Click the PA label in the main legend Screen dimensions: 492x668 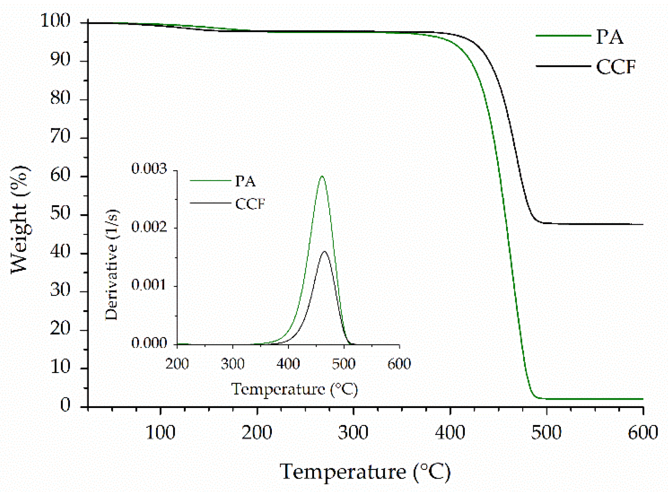coord(609,37)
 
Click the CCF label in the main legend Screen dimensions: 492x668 coord(616,67)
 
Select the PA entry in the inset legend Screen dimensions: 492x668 coord(245,181)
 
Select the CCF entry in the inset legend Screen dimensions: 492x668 coord(250,204)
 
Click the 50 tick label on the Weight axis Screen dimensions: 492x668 coord(60,213)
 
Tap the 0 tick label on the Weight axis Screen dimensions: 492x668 coord(65,405)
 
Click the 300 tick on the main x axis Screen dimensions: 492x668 coord(353,433)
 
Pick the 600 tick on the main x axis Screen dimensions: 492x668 coord(642,433)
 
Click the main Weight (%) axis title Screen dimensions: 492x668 coord(20,220)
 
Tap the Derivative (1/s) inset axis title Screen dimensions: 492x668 coord(111,264)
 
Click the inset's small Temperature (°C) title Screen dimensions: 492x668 coord(294,389)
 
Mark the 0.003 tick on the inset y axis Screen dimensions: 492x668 coord(149,169)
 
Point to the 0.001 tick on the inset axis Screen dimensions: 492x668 coord(149,284)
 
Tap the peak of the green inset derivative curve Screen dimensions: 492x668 coord(322,176)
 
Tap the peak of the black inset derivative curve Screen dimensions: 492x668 coord(325,251)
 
